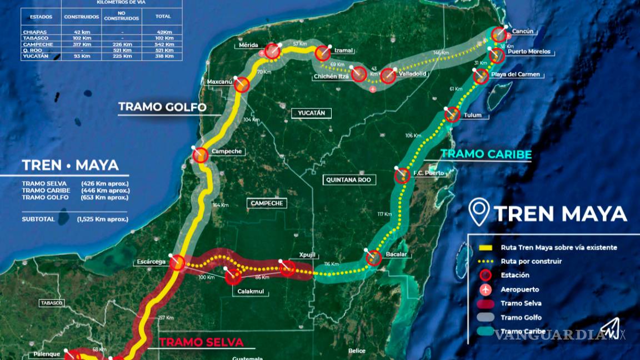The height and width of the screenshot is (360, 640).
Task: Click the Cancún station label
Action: coord(522,32)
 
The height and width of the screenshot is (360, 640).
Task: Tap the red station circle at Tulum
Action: coord(452,114)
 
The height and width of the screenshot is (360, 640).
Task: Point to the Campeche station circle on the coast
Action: coord(201,155)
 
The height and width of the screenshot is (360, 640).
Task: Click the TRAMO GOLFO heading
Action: coord(162,107)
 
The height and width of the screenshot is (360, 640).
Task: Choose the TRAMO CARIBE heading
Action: coord(486,154)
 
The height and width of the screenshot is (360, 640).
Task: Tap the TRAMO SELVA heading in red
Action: coord(202,342)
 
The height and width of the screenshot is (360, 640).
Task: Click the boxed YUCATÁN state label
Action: coord(312,113)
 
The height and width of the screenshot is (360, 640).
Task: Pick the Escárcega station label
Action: coord(151,262)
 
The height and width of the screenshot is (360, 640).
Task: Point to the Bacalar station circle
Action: coord(374,258)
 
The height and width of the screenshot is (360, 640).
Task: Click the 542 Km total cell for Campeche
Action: coord(163,44)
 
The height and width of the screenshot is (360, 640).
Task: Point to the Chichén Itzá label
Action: coord(331,76)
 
